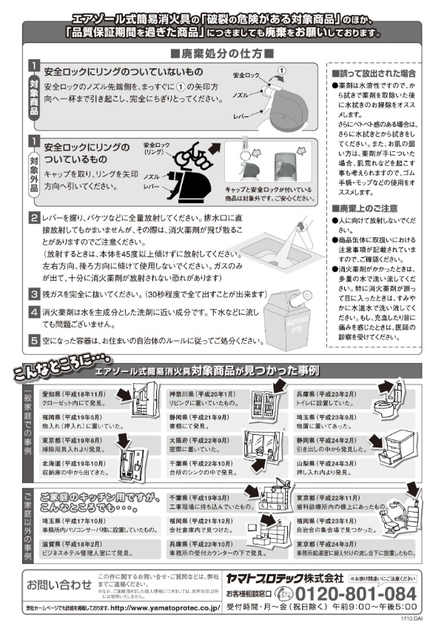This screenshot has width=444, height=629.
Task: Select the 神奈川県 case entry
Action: tap(203, 399)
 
